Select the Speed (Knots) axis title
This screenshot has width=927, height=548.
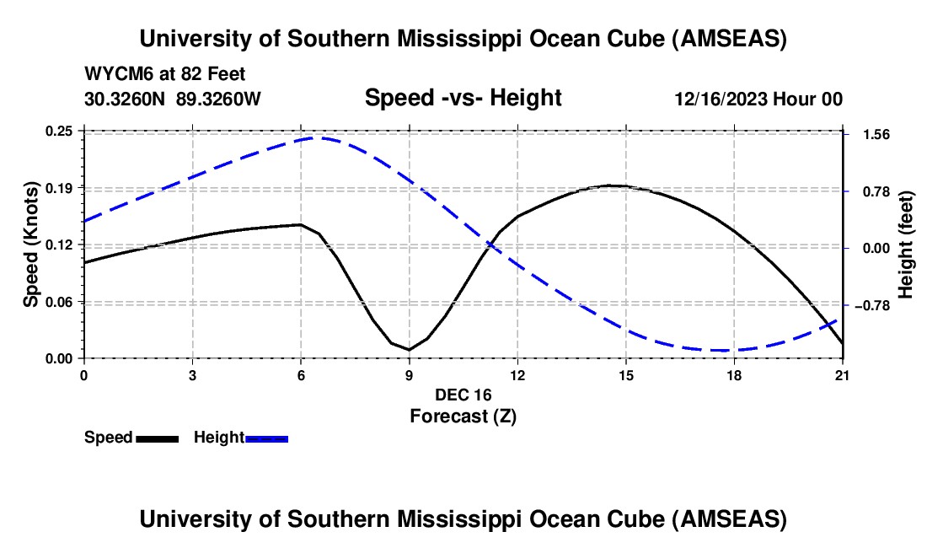[x=31, y=244]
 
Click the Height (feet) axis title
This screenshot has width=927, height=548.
[x=907, y=244]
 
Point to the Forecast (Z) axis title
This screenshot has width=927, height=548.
[x=463, y=416]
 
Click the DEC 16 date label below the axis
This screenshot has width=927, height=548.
[x=463, y=395]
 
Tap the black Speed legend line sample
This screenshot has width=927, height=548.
[x=157, y=438]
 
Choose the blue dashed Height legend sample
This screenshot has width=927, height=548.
[x=266, y=438]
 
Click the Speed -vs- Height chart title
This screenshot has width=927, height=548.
[x=463, y=99]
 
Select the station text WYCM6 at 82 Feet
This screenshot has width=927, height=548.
[x=165, y=75]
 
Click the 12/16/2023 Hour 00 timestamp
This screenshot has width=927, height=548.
[x=758, y=99]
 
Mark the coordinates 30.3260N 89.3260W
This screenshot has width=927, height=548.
[x=173, y=99]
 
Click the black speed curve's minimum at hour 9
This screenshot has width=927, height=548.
[x=409, y=349]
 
